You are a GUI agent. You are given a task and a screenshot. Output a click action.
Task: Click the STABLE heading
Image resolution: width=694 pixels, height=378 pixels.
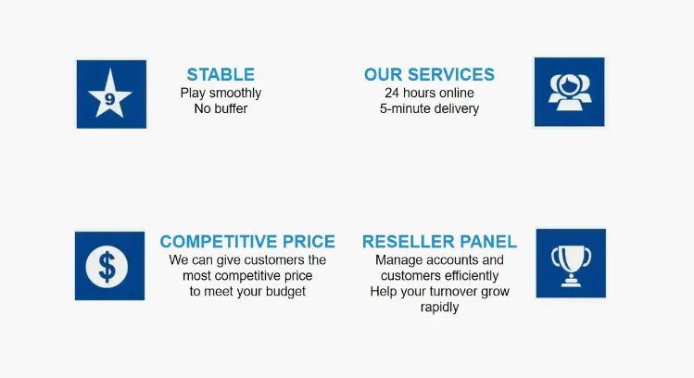[221, 75]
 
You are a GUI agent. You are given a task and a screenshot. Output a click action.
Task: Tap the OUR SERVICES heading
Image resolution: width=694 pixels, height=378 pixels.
[429, 75]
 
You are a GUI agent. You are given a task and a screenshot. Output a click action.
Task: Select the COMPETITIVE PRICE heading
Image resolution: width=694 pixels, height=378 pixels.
[247, 242]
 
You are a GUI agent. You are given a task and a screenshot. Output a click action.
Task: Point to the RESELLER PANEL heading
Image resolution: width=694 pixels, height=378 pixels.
[439, 242]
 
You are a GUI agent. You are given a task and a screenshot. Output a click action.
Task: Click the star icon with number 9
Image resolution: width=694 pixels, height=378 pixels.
[111, 94]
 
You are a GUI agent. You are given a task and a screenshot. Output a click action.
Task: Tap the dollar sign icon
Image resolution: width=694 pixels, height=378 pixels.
[109, 266]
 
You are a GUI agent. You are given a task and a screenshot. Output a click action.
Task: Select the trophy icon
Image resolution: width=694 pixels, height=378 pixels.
[570, 263]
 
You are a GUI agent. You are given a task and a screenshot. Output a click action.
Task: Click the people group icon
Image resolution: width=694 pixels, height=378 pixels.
[569, 92]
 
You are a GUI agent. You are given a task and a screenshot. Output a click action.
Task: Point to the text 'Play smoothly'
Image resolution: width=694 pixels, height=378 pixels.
[221, 93]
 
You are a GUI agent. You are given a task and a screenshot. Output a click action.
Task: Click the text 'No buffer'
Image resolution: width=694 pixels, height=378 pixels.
[221, 108]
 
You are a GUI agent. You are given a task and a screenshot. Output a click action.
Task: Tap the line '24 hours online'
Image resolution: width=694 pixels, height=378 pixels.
[429, 93]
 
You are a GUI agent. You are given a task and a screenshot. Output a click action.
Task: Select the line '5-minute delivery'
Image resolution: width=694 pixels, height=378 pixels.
[429, 108]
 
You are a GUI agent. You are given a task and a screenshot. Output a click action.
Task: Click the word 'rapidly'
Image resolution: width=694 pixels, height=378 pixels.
[439, 308]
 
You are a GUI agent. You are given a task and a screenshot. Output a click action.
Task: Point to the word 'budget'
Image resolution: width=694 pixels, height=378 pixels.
[284, 291]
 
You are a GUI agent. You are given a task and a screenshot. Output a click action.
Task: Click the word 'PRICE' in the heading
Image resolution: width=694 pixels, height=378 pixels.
[305, 242]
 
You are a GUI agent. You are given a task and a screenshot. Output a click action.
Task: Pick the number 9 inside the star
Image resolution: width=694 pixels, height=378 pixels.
[110, 97]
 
